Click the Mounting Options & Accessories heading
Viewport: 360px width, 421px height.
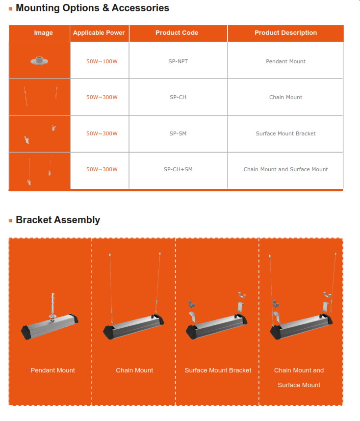92,8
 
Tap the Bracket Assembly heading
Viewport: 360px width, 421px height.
58,220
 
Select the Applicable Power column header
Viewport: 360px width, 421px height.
99,33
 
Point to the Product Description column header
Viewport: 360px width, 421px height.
285,33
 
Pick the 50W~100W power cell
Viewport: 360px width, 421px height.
102,61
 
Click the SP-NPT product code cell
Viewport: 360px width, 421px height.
178,61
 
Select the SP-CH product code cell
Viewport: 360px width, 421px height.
178,97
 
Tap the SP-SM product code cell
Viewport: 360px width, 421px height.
178,133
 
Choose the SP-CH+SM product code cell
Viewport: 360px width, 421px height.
178,169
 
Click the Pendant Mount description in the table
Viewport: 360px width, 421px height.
285,61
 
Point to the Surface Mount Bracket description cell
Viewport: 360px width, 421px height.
285,133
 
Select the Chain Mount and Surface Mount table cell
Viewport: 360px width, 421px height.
285,169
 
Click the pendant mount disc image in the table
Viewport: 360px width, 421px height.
39,60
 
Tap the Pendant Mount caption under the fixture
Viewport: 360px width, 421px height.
52,370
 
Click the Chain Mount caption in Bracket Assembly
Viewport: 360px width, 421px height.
134,370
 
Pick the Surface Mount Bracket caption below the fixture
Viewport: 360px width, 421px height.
218,370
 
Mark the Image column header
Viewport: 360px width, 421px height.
43,33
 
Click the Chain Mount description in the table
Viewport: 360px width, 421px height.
285,97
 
